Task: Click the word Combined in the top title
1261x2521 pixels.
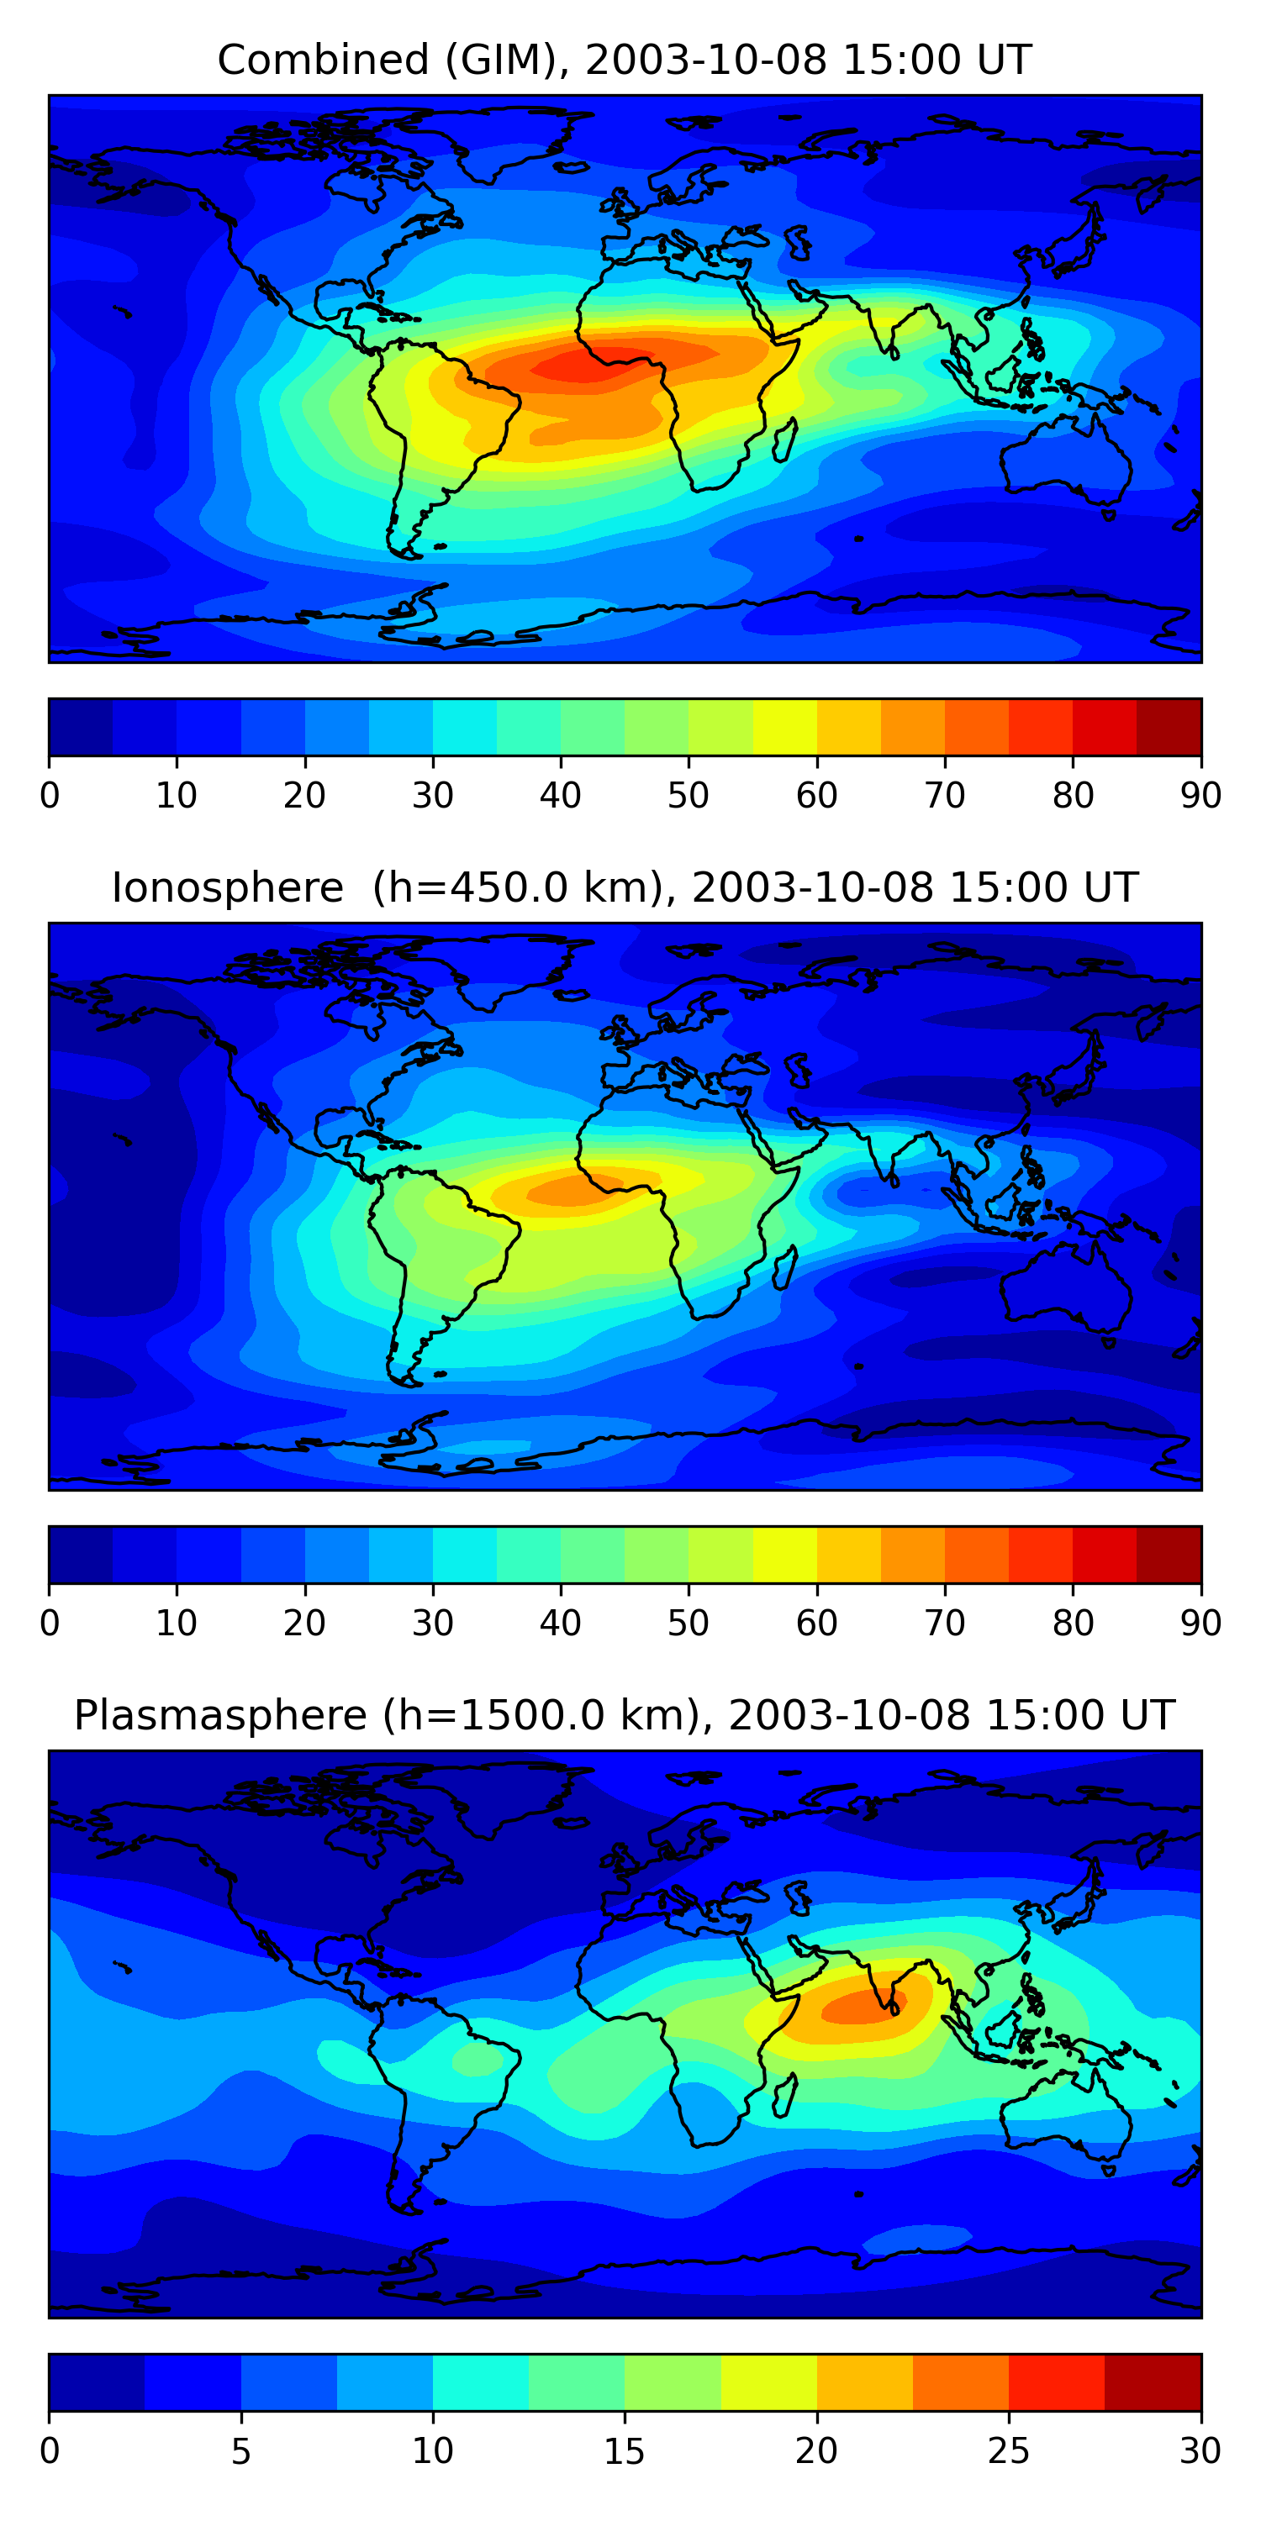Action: click(322, 61)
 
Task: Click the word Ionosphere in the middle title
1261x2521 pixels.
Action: click(227, 888)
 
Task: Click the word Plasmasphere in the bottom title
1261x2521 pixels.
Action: click(219, 1716)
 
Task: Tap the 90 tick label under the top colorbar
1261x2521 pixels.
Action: click(1200, 796)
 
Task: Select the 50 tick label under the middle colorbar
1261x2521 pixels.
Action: click(689, 1624)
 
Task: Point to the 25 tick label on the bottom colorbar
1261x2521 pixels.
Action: click(1009, 2451)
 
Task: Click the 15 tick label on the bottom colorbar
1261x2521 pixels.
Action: click(624, 2451)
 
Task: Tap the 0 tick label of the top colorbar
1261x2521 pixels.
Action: click(50, 796)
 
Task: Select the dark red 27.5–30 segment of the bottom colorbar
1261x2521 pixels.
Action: click(1153, 2382)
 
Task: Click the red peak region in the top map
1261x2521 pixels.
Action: click(588, 364)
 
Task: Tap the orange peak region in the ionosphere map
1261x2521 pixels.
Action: click(567, 1191)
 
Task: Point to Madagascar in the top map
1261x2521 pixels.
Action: click(784, 439)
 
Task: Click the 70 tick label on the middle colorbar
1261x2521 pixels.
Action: click(945, 1624)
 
